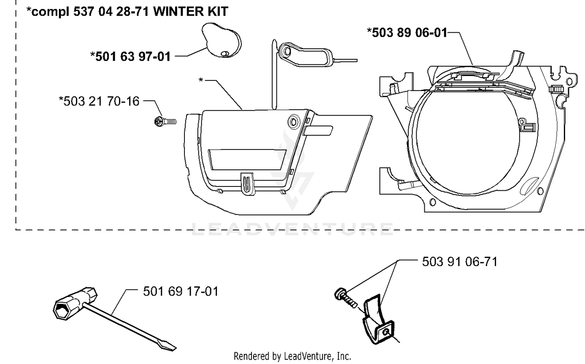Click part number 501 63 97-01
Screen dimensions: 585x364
pyautogui.click(x=130, y=57)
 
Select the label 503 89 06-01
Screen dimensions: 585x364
pyautogui.click(x=407, y=33)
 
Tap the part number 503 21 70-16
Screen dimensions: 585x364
pyautogui.click(x=99, y=101)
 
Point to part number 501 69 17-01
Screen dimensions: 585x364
pyautogui.click(x=181, y=291)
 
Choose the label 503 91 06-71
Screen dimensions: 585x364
pyautogui.click(x=460, y=261)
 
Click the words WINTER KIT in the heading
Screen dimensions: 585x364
pyautogui.click(x=191, y=11)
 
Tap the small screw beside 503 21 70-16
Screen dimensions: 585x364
pyautogui.click(x=165, y=122)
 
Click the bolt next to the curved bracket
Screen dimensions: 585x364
pyautogui.click(x=345, y=298)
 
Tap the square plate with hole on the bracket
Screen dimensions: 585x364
pyautogui.click(x=385, y=332)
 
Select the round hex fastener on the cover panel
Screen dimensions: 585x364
pyautogui.click(x=294, y=122)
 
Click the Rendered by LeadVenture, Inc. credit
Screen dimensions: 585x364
pyautogui.click(x=292, y=357)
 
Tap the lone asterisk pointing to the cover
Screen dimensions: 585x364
pyautogui.click(x=200, y=80)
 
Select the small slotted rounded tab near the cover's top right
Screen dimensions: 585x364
pyautogui.click(x=318, y=131)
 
